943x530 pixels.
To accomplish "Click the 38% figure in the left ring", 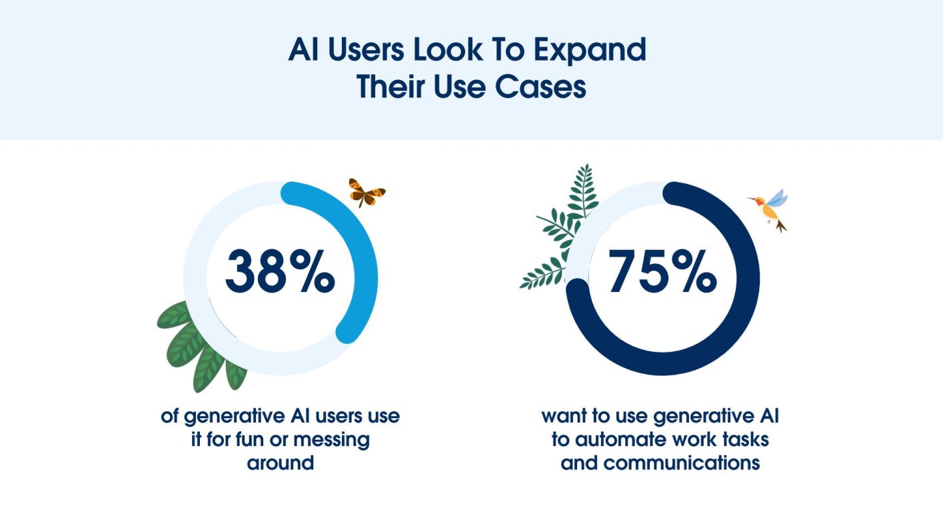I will [280, 273].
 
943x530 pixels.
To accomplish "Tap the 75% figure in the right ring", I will [662, 273].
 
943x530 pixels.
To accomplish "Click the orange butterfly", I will [367, 192].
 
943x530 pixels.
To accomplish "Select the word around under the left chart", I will [280, 462].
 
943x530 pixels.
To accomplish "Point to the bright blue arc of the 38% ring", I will [363, 260].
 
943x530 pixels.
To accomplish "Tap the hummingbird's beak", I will [752, 198].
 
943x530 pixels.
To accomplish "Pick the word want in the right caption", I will [562, 417].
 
